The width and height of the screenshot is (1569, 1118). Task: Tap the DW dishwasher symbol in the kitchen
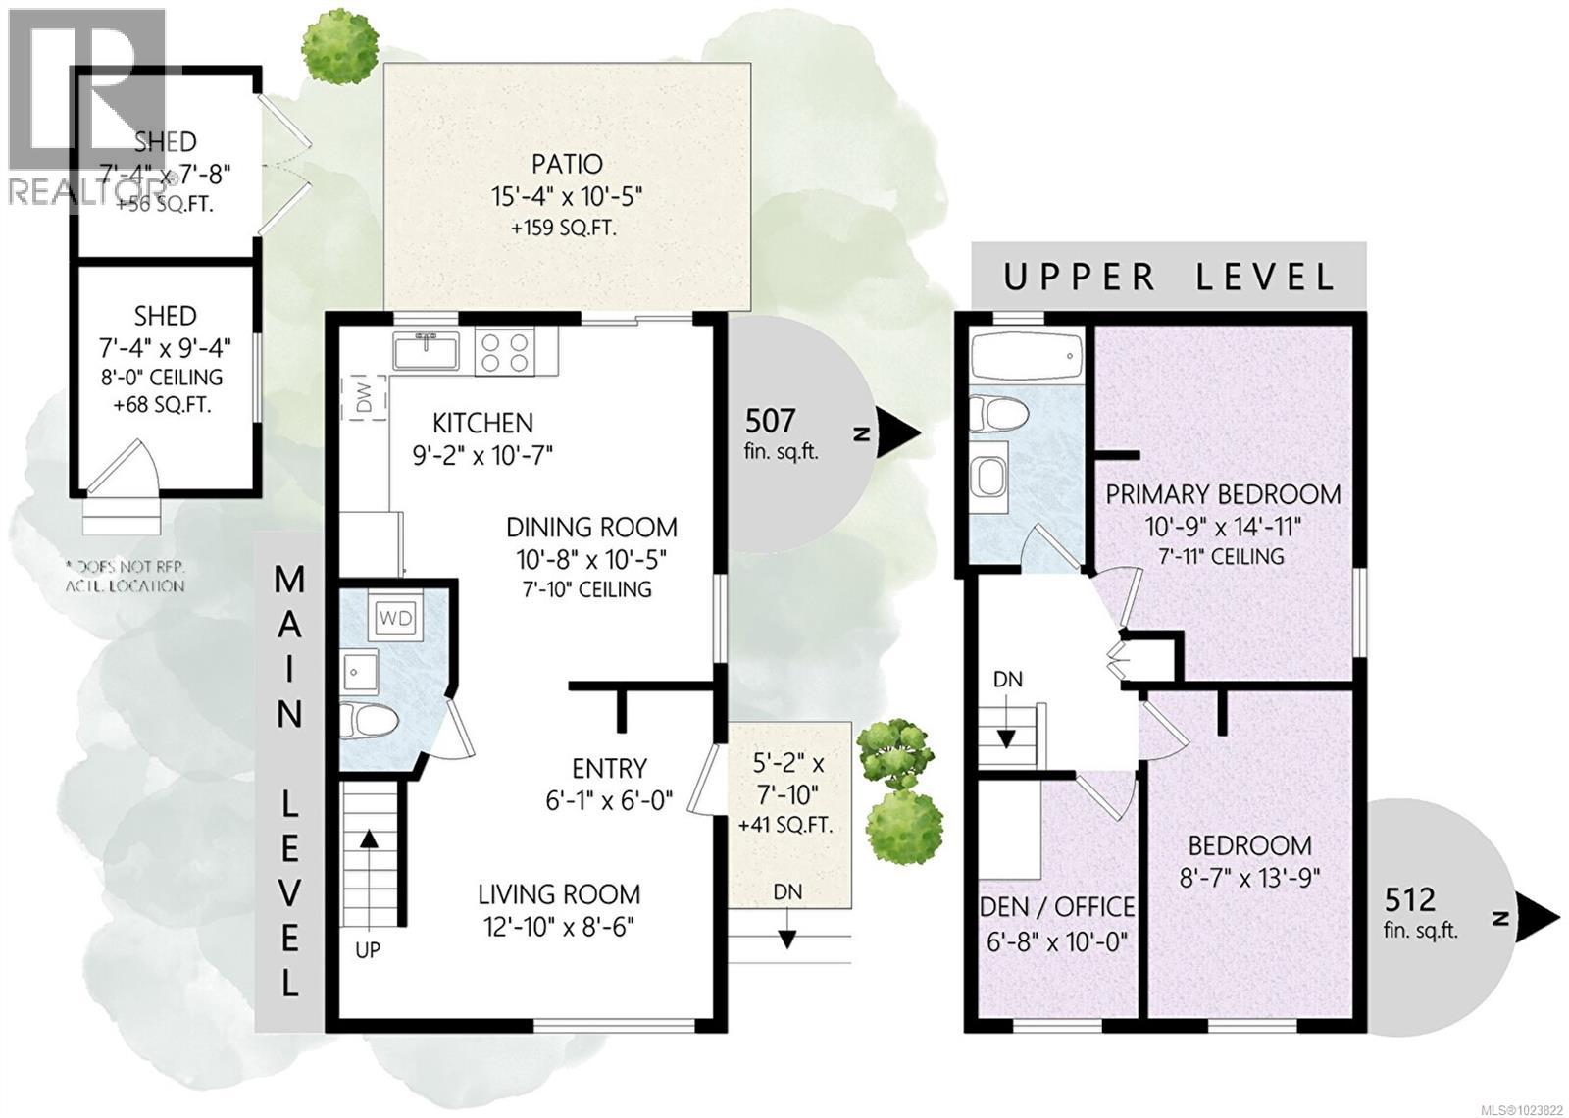364,396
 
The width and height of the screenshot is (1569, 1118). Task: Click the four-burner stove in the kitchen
505,350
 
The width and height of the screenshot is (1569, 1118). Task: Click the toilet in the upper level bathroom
993,415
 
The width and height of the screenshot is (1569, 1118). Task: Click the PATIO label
567,164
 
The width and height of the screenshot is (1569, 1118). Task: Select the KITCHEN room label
483,424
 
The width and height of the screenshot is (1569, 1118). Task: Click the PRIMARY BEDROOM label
1223,494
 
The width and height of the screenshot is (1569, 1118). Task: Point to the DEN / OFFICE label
1057,907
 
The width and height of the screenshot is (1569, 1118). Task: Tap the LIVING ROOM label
559,894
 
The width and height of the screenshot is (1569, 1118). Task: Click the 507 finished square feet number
770,421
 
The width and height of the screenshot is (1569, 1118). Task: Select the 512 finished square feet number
1410,898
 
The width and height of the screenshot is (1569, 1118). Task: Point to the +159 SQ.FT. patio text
568,229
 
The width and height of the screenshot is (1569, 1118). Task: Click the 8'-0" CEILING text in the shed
166,377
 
